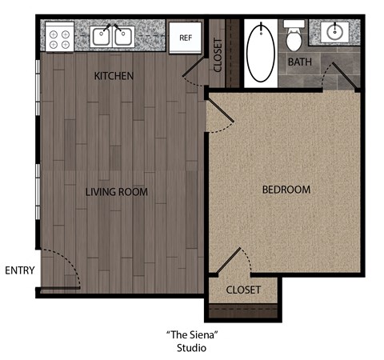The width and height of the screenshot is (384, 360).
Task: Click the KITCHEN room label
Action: click(114, 76)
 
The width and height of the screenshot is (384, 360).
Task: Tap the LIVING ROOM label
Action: click(117, 192)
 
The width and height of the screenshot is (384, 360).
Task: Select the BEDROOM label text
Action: click(286, 190)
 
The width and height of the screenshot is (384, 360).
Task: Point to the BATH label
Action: click(300, 61)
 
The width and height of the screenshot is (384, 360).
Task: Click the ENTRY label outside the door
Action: click(19, 270)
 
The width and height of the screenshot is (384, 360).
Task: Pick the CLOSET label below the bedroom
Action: click(243, 290)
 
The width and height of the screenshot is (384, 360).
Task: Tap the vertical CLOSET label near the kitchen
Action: click(218, 55)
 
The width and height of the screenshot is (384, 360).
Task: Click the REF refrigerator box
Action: click(186, 37)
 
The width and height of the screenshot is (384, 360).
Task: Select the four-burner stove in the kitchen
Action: click(58, 37)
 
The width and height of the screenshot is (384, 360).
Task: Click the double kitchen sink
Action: click(112, 36)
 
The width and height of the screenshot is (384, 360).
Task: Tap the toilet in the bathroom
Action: click(294, 34)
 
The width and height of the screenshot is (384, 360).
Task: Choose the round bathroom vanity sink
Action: click(334, 33)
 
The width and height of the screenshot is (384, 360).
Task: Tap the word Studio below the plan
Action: click(191, 348)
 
